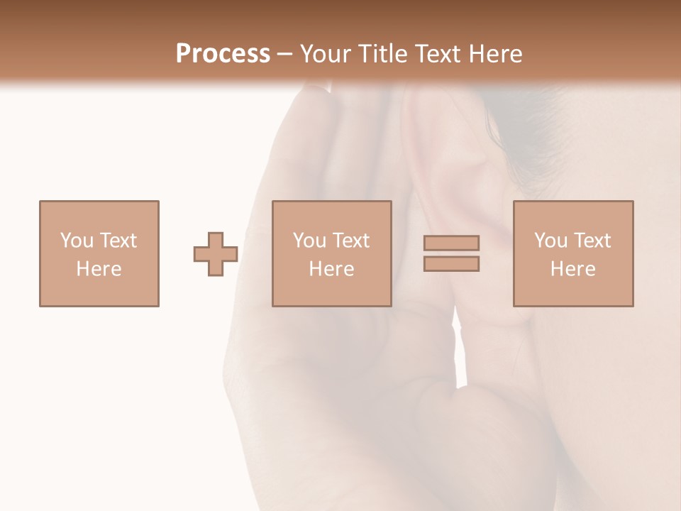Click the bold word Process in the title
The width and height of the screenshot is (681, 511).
click(223, 54)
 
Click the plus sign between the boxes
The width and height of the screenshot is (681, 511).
click(216, 253)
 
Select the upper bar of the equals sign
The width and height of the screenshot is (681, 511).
click(451, 243)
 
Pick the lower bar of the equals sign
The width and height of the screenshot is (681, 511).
click(451, 263)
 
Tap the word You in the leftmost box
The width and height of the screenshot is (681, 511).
click(76, 241)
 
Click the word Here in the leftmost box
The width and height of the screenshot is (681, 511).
click(99, 269)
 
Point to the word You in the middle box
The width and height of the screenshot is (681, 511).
click(309, 241)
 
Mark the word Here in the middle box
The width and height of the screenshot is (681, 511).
click(331, 269)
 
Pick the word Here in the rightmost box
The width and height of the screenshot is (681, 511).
click(572, 269)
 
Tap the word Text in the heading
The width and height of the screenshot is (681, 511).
click(435, 54)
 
